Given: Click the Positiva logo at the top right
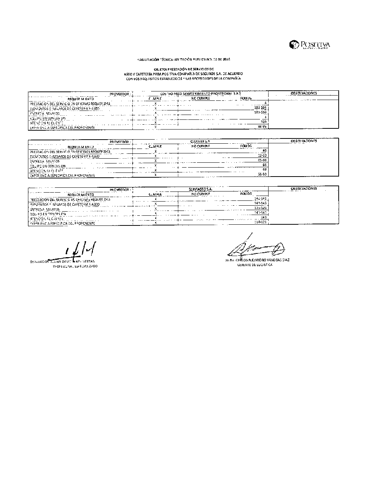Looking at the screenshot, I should [310, 45].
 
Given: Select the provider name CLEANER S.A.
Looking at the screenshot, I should [200, 142].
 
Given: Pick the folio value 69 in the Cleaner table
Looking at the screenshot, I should [264, 169].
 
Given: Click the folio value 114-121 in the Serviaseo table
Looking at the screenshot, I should [260, 222].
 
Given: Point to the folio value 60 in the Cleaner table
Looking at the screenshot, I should [264, 151].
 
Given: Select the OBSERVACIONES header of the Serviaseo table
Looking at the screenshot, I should [304, 189].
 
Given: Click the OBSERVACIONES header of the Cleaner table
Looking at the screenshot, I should [304, 141].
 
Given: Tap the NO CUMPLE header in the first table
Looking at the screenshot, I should [201, 99].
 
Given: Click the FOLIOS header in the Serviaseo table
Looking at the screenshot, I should [246, 194].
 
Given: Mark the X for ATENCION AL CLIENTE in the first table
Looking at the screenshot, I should [156, 122].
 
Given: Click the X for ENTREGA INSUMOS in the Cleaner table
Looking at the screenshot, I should [156, 161].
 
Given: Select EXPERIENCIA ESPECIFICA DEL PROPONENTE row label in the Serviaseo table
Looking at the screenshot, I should [62, 223].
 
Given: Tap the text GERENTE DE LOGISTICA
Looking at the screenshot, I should [255, 265].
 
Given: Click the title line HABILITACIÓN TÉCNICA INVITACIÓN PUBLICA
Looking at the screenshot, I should [183, 59].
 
